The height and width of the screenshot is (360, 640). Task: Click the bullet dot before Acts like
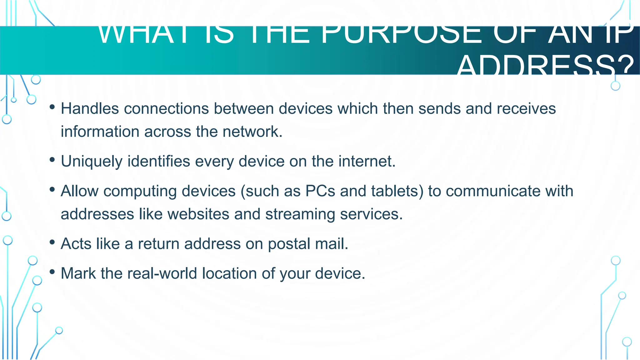(52, 242)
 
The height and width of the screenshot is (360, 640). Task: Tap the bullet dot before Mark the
(52, 272)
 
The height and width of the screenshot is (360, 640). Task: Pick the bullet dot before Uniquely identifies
(52, 160)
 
